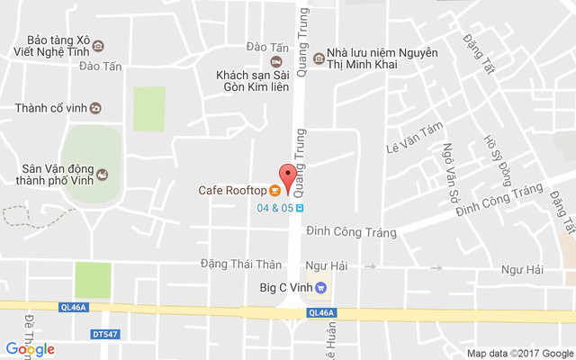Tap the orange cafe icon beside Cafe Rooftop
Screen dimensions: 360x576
274,190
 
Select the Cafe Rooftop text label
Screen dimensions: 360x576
232,190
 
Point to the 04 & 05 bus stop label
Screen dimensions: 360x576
275,207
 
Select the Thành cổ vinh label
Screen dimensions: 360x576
50,108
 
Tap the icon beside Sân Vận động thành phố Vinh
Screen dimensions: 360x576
102,175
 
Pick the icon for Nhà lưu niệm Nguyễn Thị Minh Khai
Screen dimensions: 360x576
318,53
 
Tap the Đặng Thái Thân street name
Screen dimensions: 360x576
241,265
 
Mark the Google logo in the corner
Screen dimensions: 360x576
30,349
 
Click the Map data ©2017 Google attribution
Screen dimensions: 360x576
519,353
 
